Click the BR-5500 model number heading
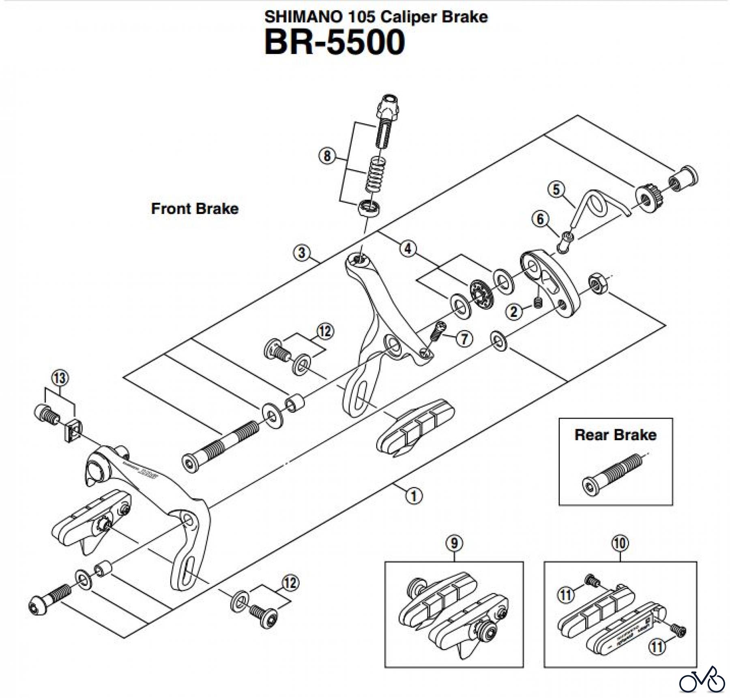(x=335, y=43)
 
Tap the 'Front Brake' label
(x=195, y=209)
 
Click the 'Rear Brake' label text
(x=615, y=435)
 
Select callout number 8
(x=327, y=156)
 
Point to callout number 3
(x=301, y=253)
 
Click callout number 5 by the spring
(x=556, y=189)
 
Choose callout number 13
(x=60, y=378)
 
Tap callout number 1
(x=414, y=495)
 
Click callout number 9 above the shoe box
(x=454, y=543)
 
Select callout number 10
(x=620, y=543)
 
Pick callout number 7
(x=464, y=338)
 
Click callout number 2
(x=514, y=312)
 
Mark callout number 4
(x=408, y=248)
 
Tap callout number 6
(x=540, y=219)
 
